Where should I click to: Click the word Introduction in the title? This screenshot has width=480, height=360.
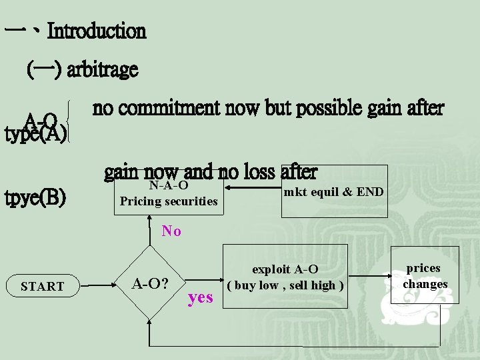pos(97,31)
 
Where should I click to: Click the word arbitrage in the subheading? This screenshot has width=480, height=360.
pos(103,69)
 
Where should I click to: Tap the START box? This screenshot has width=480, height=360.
pos(43,287)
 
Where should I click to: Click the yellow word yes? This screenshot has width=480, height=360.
pos(201,297)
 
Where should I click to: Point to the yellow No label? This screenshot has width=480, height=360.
pos(171,231)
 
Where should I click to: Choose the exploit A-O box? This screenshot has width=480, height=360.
pos(285,277)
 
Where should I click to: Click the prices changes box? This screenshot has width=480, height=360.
pos(425,276)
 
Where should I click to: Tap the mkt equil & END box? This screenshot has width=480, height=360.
pos(333,192)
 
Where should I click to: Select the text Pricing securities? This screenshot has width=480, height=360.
pos(168,200)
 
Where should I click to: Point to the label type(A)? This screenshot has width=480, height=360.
pos(35,135)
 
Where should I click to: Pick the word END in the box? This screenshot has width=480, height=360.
pos(370,192)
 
